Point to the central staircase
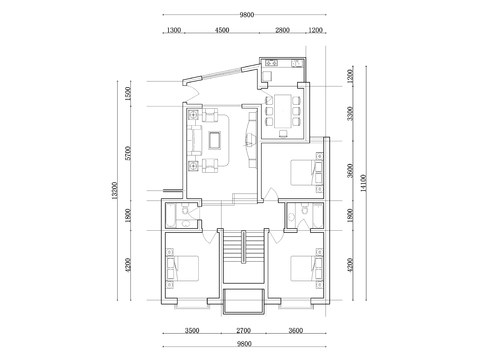pyautogui.click(x=241, y=262)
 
